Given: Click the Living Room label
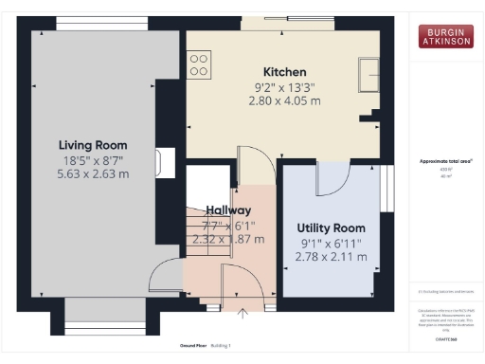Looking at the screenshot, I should coord(94,144).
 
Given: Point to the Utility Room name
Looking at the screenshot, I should coord(331,228).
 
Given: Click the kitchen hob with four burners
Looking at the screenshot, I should coord(200,64).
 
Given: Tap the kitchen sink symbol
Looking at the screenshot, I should coord(368,68).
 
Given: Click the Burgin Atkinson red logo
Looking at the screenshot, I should coord(445,36).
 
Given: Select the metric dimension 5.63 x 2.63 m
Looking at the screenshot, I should coord(94,174).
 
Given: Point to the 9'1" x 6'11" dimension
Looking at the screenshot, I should coord(331,243).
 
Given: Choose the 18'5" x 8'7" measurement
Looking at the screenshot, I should coord(94,159).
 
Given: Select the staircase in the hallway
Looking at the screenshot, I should coord(201,232).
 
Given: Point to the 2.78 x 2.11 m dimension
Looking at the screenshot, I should coord(331,257).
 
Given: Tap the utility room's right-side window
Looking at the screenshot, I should coord(386,190).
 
